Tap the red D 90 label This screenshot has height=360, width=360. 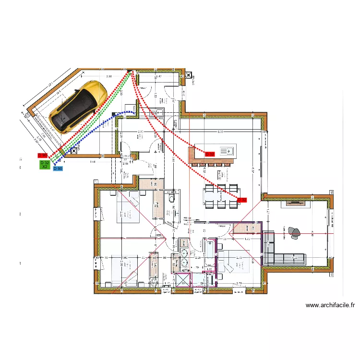[x=43, y=156]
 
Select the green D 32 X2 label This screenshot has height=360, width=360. [x=45, y=164]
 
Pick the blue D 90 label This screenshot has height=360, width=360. [x=58, y=169]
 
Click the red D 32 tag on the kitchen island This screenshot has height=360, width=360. [x=210, y=154]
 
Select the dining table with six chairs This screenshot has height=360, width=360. [x=221, y=196]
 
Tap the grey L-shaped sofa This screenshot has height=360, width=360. [x=278, y=252]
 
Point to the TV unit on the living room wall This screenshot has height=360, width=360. [x=298, y=203]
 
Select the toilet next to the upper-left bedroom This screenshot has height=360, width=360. [x=171, y=198]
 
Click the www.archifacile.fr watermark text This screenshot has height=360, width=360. [x=330, y=305]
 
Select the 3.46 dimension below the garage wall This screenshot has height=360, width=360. [x=93, y=162]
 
